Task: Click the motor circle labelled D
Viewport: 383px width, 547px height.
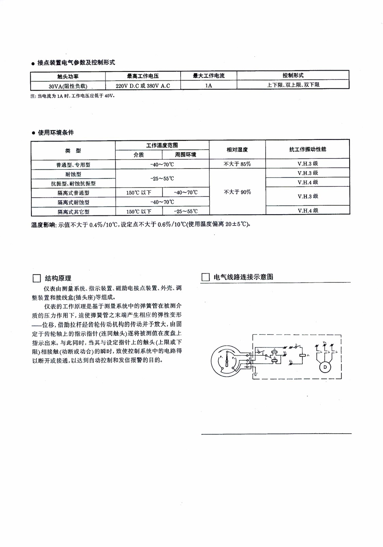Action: tap(325, 367)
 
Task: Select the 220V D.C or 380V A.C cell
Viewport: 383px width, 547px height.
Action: tap(143, 86)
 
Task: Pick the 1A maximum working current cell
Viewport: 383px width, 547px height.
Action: tap(208, 86)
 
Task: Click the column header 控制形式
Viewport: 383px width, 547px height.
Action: tap(293, 75)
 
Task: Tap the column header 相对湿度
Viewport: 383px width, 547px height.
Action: tap(237, 150)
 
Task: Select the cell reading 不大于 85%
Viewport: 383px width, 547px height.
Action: tap(237, 164)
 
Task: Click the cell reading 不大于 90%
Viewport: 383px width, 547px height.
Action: tap(237, 192)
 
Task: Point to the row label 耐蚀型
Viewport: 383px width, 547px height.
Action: tap(73, 174)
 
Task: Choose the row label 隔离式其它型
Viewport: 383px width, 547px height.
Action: tap(73, 211)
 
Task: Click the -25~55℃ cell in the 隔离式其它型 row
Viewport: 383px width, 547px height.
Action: tap(185, 211)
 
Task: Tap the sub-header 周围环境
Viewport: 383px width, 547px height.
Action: tap(185, 154)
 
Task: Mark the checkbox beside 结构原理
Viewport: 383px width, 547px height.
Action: tap(36, 278)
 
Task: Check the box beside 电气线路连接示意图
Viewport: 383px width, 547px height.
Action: tap(205, 277)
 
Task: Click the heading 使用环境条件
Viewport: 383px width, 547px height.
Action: tap(56, 132)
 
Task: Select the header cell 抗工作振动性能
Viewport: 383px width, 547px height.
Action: tap(308, 150)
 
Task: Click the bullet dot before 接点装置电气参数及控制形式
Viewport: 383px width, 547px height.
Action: tap(33, 63)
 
